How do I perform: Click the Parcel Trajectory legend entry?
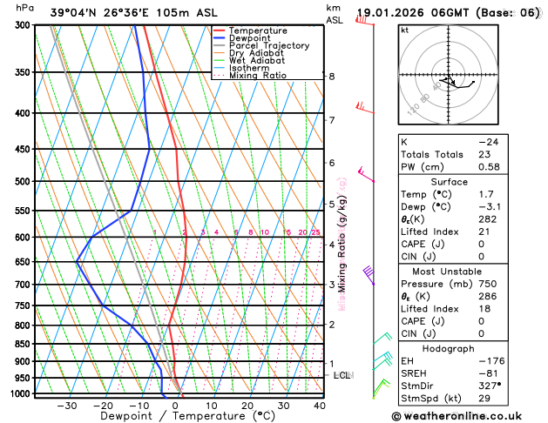(268, 45)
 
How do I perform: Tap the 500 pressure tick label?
(24, 181)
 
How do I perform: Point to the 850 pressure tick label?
(24, 344)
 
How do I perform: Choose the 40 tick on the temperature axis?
(319, 406)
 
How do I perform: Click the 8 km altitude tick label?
(331, 77)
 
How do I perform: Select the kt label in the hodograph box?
(404, 30)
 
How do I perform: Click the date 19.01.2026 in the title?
(391, 13)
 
